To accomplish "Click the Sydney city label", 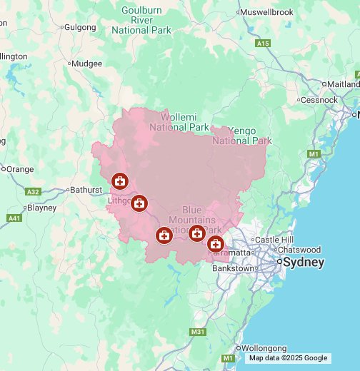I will pyautogui.click(x=304, y=263).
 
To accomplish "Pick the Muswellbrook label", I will pyautogui.click(x=267, y=12).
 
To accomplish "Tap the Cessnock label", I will pyautogui.click(x=319, y=100).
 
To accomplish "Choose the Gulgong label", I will pyautogui.click(x=79, y=27).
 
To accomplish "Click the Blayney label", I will pyautogui.click(x=41, y=208).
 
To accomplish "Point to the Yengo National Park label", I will pyautogui.click(x=242, y=136).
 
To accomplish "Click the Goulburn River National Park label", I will pyautogui.click(x=142, y=20).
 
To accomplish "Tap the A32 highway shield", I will pyautogui.click(x=33, y=192).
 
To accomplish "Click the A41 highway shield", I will pyautogui.click(x=14, y=218).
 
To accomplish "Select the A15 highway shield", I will pyautogui.click(x=264, y=44).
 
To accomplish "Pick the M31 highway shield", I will pyautogui.click(x=198, y=332).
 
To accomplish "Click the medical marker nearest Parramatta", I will pyautogui.click(x=215, y=245).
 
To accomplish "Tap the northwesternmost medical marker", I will pyautogui.click(x=119, y=182).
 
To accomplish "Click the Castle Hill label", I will pyautogui.click(x=274, y=239).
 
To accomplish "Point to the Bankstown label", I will pyautogui.click(x=233, y=268).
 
